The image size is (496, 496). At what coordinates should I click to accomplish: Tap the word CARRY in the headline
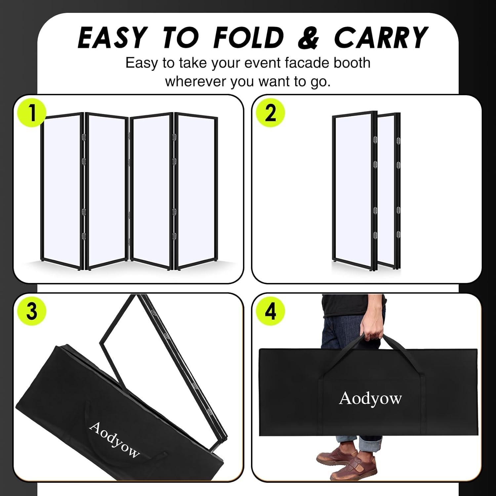(381, 37)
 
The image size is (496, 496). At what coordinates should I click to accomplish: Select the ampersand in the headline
(309, 37)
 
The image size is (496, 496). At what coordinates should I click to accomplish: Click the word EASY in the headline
(112, 37)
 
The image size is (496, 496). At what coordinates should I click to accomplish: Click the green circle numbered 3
(32, 311)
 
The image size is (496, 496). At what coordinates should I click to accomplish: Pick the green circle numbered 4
(270, 311)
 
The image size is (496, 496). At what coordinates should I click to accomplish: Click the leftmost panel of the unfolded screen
(62, 190)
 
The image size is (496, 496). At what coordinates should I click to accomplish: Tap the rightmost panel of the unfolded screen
(196, 192)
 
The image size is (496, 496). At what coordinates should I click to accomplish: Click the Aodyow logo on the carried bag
(370, 398)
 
